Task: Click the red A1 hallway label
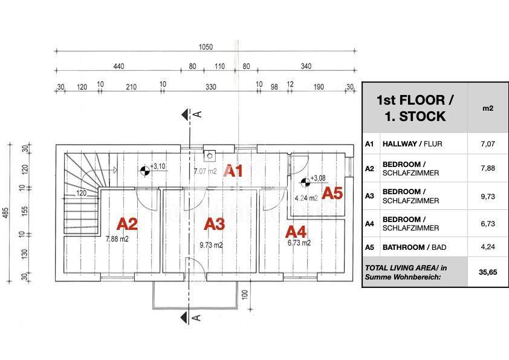pos(233,171)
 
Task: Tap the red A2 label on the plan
pos(127,224)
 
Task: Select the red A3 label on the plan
pos(214,224)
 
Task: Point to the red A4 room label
pos(296,232)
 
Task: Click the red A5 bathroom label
pos(332,194)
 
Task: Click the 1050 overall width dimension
pos(206,47)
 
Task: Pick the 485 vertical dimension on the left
pos(6,213)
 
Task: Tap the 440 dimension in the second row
pos(119,67)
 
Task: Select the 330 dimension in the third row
pos(211,87)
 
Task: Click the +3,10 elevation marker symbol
pos(145,171)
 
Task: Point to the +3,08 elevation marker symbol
pos(305,183)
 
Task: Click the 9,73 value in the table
pos(488,196)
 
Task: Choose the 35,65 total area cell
pos(488,272)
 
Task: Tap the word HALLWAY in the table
pos(400,143)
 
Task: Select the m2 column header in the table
pos(488,108)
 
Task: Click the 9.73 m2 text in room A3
pos(211,245)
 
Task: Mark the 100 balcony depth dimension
pos(245,295)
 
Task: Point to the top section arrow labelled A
pos(186,114)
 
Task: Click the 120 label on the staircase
pos(81,193)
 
